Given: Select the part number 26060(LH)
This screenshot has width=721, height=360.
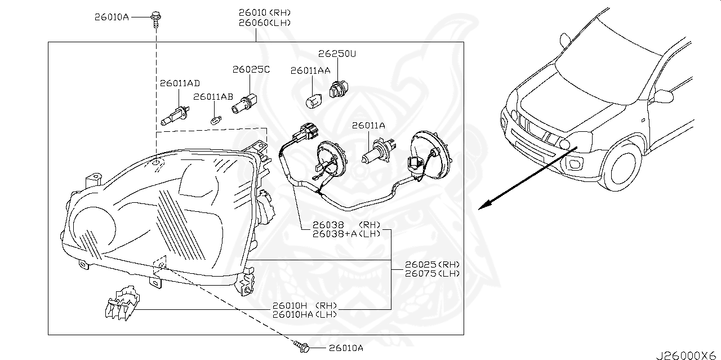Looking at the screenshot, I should point(265,23).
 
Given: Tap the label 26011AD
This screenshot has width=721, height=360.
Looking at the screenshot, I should point(180,83).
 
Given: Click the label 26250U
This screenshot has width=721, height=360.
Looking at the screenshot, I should point(337,54).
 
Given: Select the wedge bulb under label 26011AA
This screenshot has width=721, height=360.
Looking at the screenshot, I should point(313,102).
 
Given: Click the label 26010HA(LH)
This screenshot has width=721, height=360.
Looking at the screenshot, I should point(304,314).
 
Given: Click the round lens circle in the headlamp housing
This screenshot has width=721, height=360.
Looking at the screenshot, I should point(94,229).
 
